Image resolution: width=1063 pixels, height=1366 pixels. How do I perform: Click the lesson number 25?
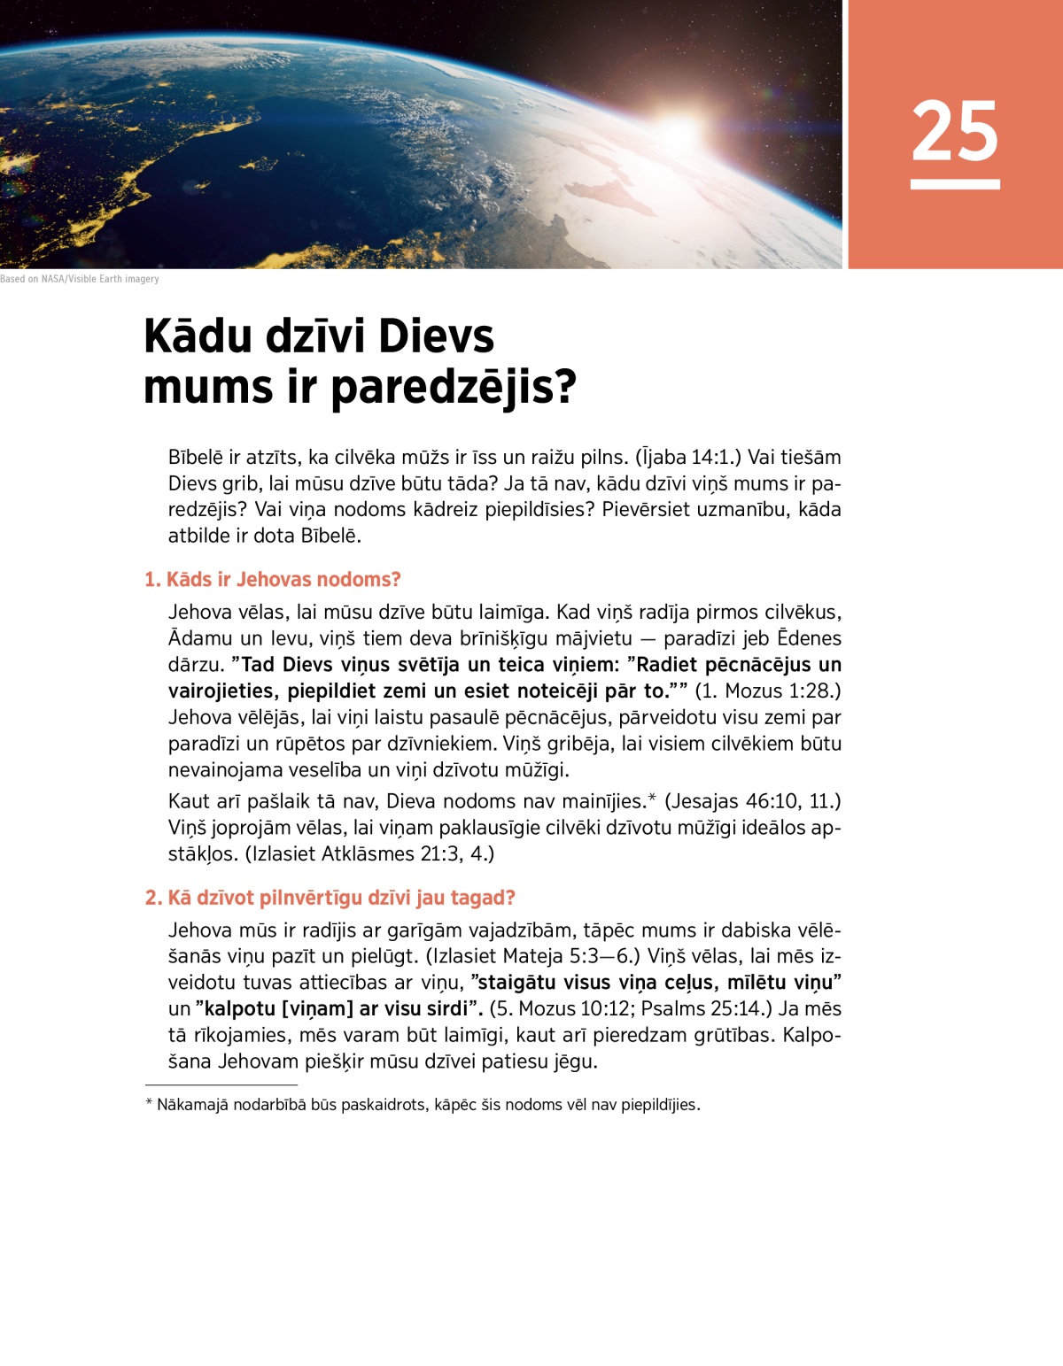click(955, 130)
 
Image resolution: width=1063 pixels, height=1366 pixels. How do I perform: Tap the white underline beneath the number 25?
click(955, 184)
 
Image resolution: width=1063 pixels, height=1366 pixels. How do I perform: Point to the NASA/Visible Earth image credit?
click(80, 279)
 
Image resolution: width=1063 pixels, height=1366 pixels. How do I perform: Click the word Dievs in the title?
click(437, 336)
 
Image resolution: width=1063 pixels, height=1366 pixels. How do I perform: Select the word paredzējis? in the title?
click(454, 387)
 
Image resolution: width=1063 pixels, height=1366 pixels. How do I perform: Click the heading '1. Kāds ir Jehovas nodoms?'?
click(273, 580)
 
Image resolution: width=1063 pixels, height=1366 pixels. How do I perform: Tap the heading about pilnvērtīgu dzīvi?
click(330, 898)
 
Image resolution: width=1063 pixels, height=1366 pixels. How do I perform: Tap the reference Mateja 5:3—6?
click(570, 956)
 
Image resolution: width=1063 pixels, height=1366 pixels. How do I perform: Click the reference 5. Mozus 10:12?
click(563, 1009)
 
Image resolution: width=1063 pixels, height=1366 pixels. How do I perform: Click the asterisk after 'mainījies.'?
click(652, 799)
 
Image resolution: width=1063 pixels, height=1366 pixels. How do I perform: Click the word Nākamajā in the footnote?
click(192, 1105)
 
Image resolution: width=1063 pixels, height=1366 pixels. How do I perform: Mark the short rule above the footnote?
click(221, 1084)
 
